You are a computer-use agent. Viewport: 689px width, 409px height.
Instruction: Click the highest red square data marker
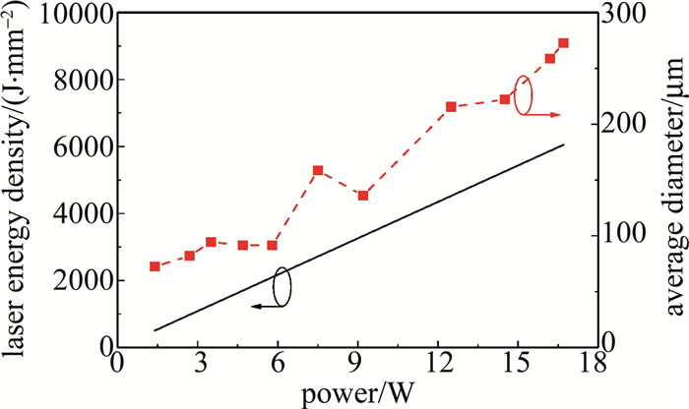pos(563,43)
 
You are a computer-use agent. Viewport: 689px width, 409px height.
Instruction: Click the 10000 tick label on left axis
pos(74,14)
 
